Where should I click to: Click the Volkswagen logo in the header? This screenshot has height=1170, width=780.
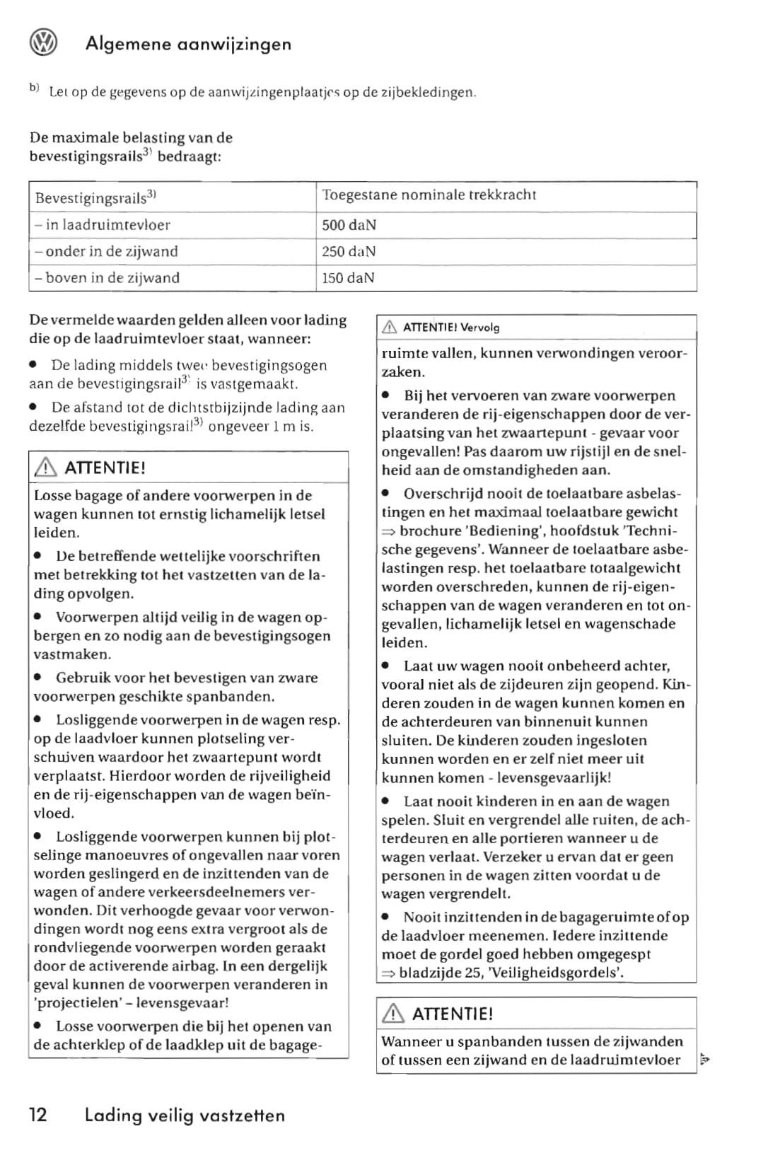[43, 44]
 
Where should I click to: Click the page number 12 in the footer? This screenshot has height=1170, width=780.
[38, 1115]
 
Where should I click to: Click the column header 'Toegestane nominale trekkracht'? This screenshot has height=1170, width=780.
[429, 195]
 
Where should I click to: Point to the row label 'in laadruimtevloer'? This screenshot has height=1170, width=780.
[103, 225]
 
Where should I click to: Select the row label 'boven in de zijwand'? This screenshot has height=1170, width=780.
[107, 278]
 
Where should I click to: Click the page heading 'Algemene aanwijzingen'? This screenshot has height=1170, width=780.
[188, 44]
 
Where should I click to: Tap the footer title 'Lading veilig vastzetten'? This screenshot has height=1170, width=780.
[185, 1116]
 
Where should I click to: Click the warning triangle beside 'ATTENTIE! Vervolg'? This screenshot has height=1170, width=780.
[390, 327]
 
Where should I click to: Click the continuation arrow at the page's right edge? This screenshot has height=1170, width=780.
[704, 1059]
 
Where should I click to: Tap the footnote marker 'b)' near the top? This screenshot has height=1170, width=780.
[34, 88]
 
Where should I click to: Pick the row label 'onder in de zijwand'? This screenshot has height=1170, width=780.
[106, 251]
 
